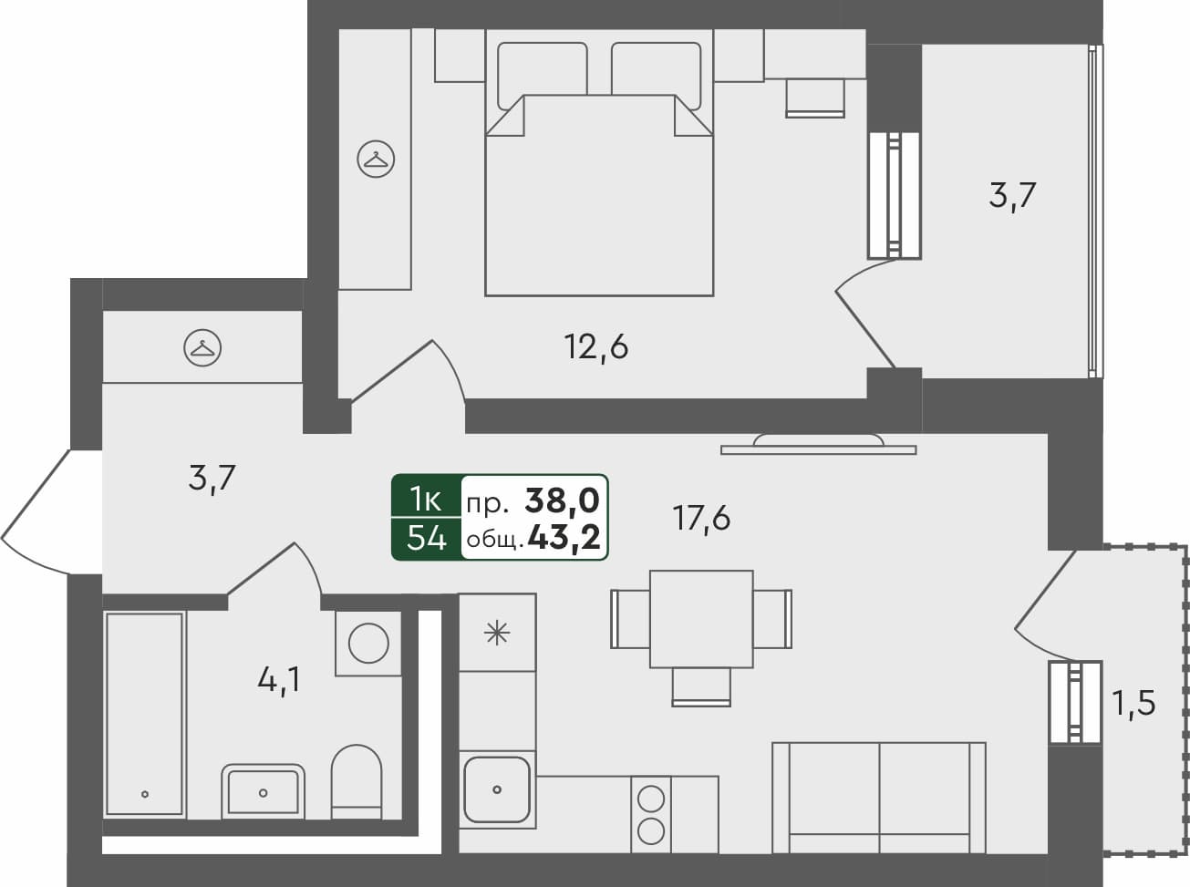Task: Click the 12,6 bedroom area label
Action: [x=597, y=347]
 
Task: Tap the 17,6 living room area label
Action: [x=701, y=519]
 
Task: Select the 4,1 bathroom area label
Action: [x=279, y=680]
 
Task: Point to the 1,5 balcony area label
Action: [x=1133, y=703]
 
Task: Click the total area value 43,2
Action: [x=564, y=540]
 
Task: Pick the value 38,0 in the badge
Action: [x=562, y=500]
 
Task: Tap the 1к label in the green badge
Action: [x=426, y=499]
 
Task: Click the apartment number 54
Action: [x=426, y=540]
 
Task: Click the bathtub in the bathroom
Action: [x=145, y=714]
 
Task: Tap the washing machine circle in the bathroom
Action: [x=368, y=643]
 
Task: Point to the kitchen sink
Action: [x=497, y=789]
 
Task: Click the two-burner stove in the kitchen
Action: [x=650, y=814]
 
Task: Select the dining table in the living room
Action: [x=701, y=619]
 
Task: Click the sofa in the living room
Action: [x=878, y=798]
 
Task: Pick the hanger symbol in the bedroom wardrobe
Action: [x=375, y=160]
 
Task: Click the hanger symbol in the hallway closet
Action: [x=203, y=347]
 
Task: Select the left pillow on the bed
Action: [x=542, y=69]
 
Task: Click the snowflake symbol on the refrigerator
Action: [x=496, y=632]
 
